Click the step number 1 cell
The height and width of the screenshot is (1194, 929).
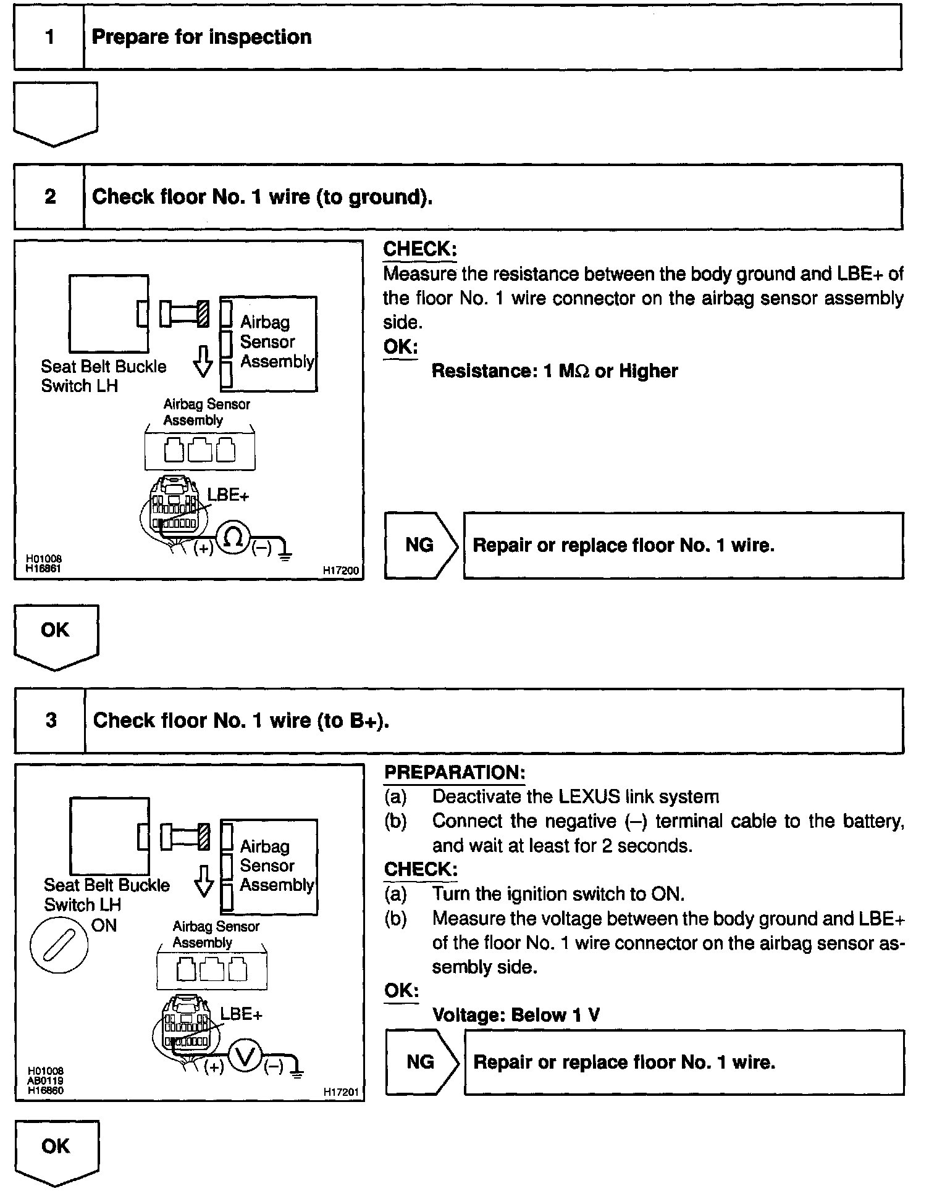pos(49,37)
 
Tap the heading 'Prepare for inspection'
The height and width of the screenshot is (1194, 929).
pos(201,37)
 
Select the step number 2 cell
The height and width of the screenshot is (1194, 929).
pos(49,197)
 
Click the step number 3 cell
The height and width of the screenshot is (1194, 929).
pos(51,720)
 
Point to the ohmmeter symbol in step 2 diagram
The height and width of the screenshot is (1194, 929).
pos(233,538)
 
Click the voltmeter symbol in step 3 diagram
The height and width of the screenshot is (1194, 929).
pos(245,1058)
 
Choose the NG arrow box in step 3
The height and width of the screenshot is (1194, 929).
pos(422,1062)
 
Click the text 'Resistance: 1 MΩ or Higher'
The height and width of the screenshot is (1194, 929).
pos(554,371)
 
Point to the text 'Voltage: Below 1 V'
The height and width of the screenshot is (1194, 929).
pos(516,1015)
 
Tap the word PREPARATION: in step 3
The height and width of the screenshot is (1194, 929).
pos(455,772)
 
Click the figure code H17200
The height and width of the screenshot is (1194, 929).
pos(341,571)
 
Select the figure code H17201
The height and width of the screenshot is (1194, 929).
pos(341,1092)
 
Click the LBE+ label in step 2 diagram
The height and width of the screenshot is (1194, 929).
pos(228,495)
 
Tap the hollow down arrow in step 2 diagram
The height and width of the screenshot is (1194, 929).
pos(203,361)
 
